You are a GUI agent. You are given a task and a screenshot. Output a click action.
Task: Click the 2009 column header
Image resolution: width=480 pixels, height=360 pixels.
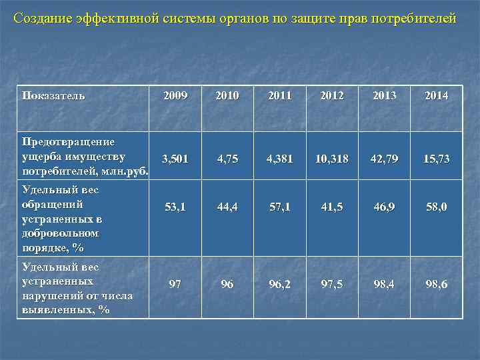176,95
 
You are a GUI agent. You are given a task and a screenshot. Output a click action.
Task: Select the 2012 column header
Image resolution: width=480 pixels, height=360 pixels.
332,95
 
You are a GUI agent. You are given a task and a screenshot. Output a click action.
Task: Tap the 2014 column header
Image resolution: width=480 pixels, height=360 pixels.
437,95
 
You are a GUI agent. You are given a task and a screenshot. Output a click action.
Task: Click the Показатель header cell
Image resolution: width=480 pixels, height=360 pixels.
53,95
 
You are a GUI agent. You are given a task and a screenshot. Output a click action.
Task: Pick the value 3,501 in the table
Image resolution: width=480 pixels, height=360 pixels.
176,159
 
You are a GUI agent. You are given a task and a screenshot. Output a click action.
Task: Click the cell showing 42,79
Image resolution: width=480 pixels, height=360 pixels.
385,159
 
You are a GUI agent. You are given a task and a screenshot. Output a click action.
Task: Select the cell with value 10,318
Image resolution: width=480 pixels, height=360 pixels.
332,159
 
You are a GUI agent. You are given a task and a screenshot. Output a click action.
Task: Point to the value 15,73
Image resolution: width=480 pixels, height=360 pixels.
437,159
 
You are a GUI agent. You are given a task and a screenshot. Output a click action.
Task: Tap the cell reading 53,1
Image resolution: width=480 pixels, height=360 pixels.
176,207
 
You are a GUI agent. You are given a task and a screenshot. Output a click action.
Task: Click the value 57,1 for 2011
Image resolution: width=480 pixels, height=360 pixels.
280,207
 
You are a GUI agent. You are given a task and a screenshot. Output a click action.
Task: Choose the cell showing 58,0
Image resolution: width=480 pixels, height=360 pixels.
437,207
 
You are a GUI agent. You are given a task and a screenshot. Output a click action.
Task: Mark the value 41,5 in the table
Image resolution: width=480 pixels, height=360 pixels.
332,207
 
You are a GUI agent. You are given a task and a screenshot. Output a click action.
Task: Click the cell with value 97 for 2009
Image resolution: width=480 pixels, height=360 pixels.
175,284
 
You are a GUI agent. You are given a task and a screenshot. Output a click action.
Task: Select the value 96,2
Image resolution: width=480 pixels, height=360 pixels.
280,284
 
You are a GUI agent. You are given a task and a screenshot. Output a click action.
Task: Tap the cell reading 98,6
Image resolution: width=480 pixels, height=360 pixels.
437,284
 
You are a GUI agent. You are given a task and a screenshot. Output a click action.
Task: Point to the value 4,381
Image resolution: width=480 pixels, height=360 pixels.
280,159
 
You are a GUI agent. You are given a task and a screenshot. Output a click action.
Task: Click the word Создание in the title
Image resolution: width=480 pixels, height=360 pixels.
37,18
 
